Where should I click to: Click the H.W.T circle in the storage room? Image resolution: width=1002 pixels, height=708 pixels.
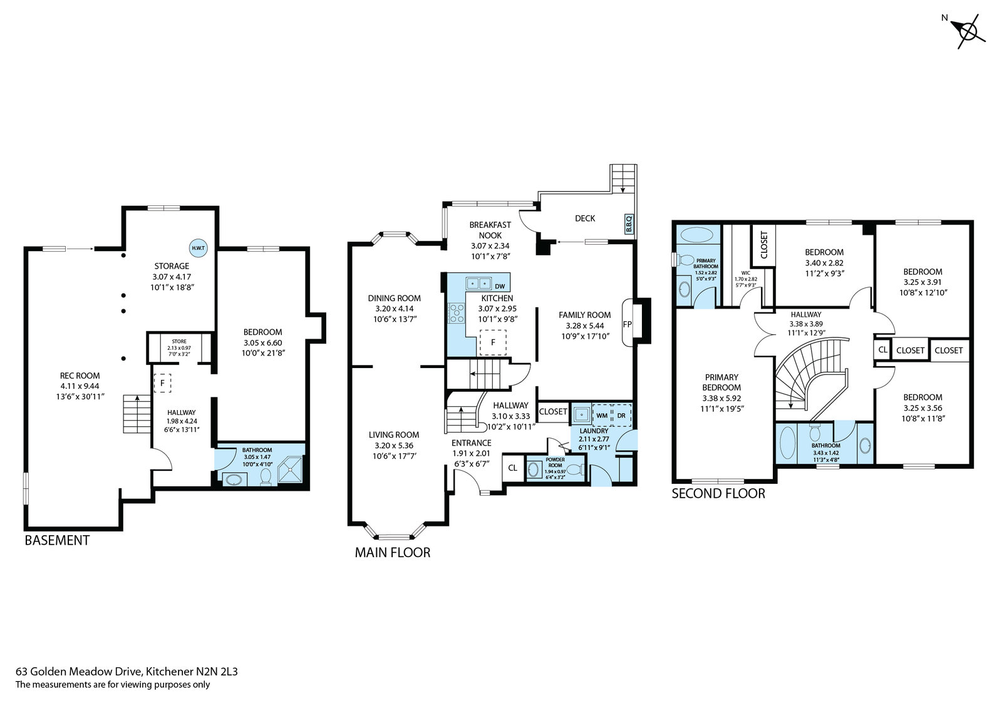pyautogui.click(x=198, y=249)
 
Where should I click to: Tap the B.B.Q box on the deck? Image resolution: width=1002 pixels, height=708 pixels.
pyautogui.click(x=628, y=223)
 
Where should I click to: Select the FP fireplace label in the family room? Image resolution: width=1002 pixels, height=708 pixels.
pyautogui.click(x=627, y=324)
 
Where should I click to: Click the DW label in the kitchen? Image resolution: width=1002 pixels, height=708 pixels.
pyautogui.click(x=500, y=286)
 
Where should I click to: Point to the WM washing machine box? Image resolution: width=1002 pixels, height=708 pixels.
pyautogui.click(x=602, y=416)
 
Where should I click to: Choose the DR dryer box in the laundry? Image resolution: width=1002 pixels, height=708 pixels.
pyautogui.click(x=621, y=416)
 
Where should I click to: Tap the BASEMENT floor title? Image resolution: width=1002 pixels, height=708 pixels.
pyautogui.click(x=57, y=540)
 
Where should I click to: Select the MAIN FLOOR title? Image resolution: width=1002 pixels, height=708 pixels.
pyautogui.click(x=393, y=552)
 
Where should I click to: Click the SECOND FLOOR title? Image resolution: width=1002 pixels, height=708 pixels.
pyautogui.click(x=718, y=493)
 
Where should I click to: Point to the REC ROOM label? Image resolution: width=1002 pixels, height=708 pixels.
pyautogui.click(x=80, y=376)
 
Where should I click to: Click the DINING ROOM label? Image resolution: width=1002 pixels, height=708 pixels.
pyautogui.click(x=394, y=299)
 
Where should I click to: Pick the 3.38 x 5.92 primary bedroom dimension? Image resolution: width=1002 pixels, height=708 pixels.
pyautogui.click(x=721, y=398)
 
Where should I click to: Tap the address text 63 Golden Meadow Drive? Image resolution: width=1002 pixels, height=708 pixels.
pyautogui.click(x=79, y=671)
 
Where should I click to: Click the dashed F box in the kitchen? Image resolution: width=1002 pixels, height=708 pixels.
pyautogui.click(x=493, y=342)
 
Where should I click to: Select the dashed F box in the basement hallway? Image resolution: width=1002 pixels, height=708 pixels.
pyautogui.click(x=162, y=383)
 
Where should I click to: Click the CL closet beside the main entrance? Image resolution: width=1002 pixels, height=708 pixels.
pyautogui.click(x=513, y=468)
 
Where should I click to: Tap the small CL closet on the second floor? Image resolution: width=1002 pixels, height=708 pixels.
pyautogui.click(x=882, y=350)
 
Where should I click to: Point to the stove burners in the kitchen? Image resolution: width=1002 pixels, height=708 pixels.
pyautogui.click(x=457, y=313)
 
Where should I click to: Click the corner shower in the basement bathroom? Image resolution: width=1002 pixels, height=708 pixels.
pyautogui.click(x=291, y=469)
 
